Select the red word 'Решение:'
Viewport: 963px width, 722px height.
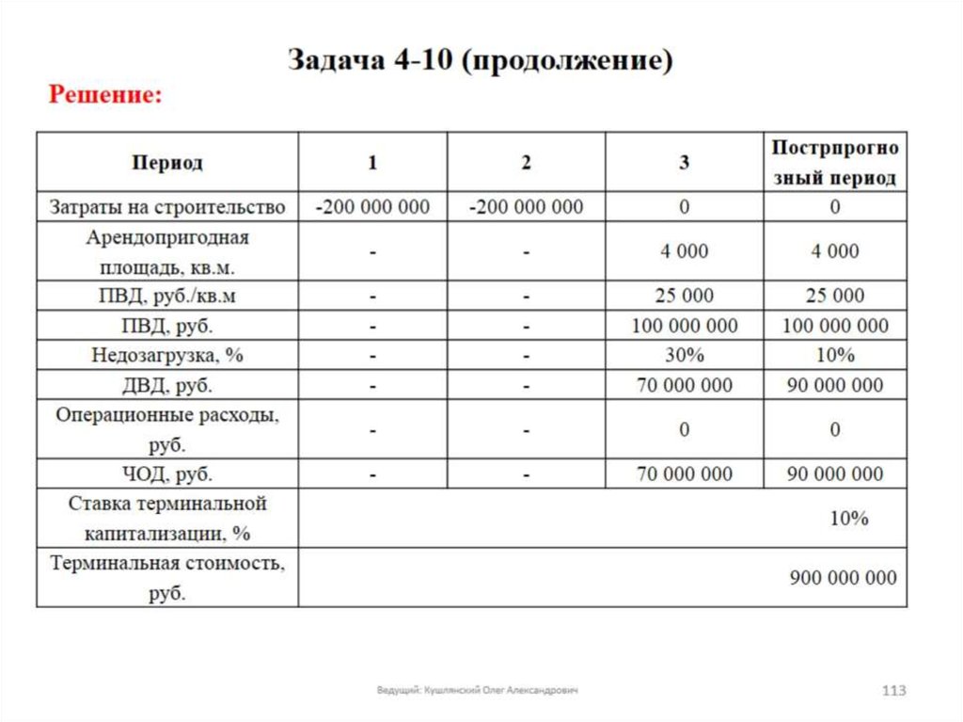[x=106, y=95]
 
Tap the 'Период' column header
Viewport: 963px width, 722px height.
[x=167, y=163]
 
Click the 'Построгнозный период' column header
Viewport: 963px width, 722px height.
[x=834, y=163]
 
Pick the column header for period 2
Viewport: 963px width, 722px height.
[x=526, y=163]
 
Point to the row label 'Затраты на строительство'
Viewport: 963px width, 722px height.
[x=167, y=207]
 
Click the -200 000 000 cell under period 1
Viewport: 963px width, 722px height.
[x=372, y=207]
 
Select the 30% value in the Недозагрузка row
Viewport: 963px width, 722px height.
[x=684, y=356]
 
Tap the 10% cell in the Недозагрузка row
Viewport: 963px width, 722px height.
[x=834, y=356]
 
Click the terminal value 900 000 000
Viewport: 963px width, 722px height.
[x=843, y=578]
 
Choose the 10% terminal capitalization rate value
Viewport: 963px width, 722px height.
[x=849, y=519]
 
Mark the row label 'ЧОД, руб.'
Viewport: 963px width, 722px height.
[x=167, y=473]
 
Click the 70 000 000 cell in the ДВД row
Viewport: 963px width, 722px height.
[x=684, y=385]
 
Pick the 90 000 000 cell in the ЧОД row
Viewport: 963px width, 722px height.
[x=834, y=473]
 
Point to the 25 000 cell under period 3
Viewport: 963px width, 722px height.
[x=684, y=297]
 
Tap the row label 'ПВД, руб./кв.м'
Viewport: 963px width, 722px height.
[x=167, y=297]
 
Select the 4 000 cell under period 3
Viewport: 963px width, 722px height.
[x=684, y=251]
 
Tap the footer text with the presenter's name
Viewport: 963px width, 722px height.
[x=478, y=691]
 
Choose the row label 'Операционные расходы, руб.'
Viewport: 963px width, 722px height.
[x=167, y=429]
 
